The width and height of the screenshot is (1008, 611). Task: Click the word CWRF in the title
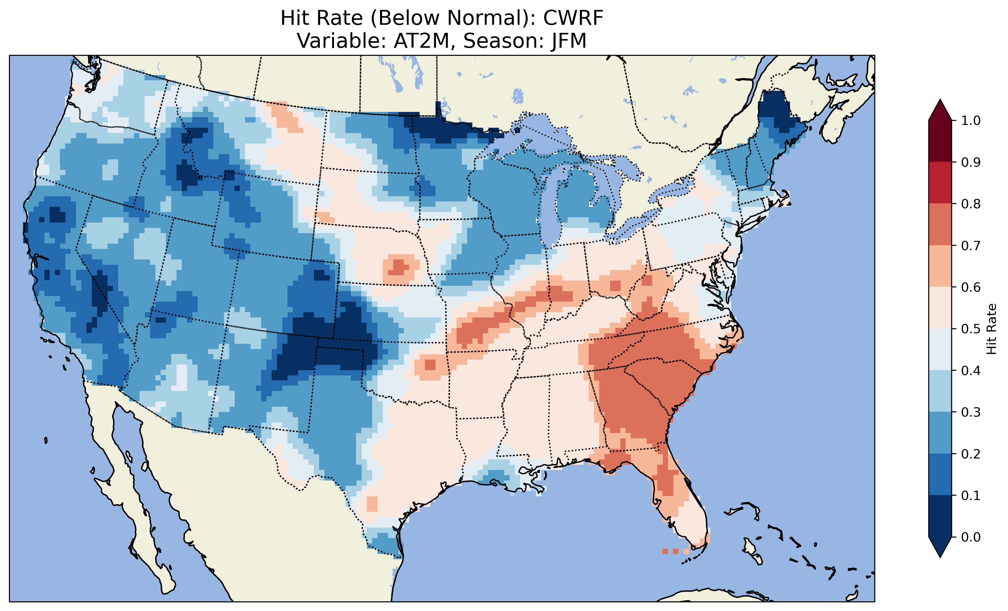(x=573, y=18)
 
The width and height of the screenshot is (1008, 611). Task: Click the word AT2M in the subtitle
(x=422, y=41)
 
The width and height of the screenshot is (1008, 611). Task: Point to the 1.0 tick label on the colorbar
(x=971, y=121)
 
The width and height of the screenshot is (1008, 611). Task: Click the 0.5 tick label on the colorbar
(x=971, y=329)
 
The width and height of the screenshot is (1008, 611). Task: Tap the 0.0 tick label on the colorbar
(x=971, y=537)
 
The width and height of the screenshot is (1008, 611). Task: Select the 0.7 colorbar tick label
(x=971, y=246)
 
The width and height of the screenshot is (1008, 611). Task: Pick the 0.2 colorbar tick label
(x=971, y=454)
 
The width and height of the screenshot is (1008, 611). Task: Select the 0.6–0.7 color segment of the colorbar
(x=940, y=266)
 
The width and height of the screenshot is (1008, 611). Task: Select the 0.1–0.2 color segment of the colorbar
(x=940, y=474)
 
